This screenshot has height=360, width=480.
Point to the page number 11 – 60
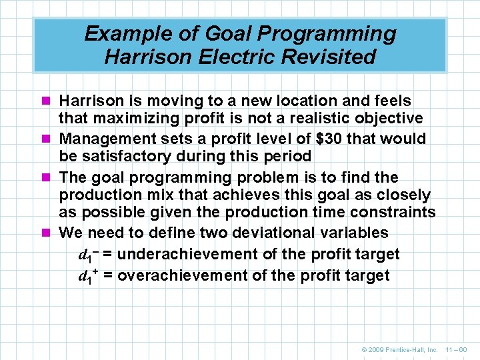(457, 349)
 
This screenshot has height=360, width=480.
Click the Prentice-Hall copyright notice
(398, 349)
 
